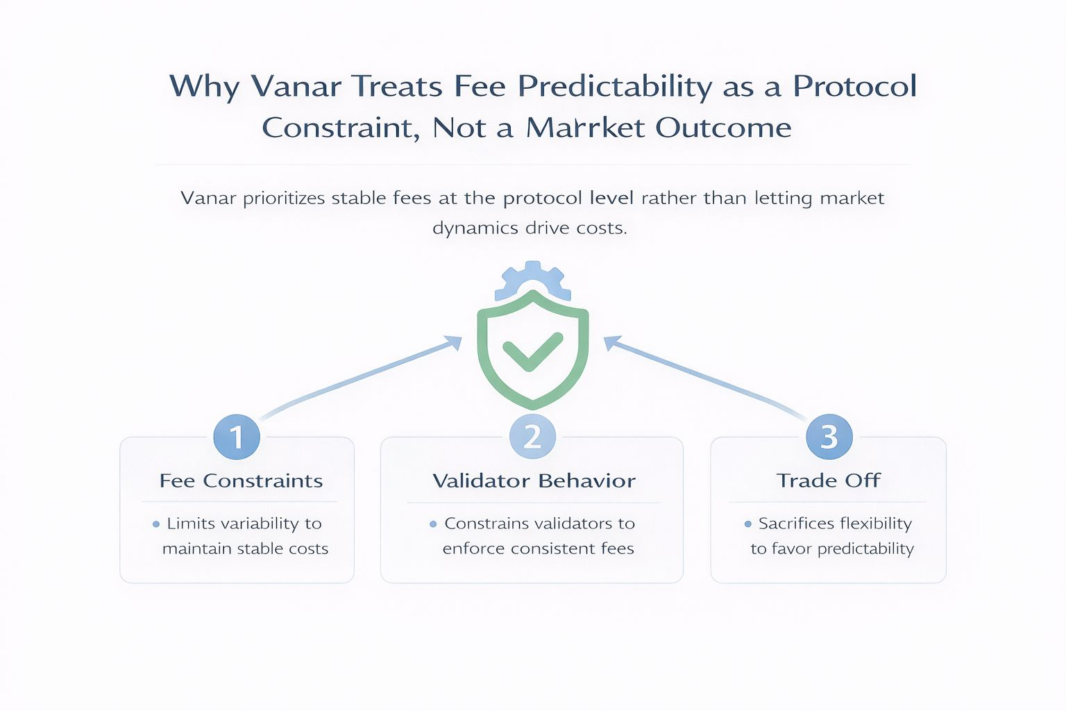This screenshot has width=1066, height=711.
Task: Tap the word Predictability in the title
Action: pos(614,87)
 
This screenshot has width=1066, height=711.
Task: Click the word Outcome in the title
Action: pos(723,127)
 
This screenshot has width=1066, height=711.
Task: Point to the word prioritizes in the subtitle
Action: pos(284,198)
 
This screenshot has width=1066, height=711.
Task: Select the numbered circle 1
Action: pos(237,436)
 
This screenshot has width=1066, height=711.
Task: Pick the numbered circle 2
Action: pos(532,436)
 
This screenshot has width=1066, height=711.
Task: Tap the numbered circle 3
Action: pos(829,436)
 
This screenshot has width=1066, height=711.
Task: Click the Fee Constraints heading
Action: pos(241,480)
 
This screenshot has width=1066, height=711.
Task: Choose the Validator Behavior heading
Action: pos(534,480)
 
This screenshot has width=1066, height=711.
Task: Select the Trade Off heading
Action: pos(829,480)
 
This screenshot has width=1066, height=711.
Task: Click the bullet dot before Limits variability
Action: pos(156,524)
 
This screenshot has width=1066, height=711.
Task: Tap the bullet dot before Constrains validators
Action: pos(433,524)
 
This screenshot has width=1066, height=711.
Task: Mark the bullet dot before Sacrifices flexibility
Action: pos(748,524)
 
